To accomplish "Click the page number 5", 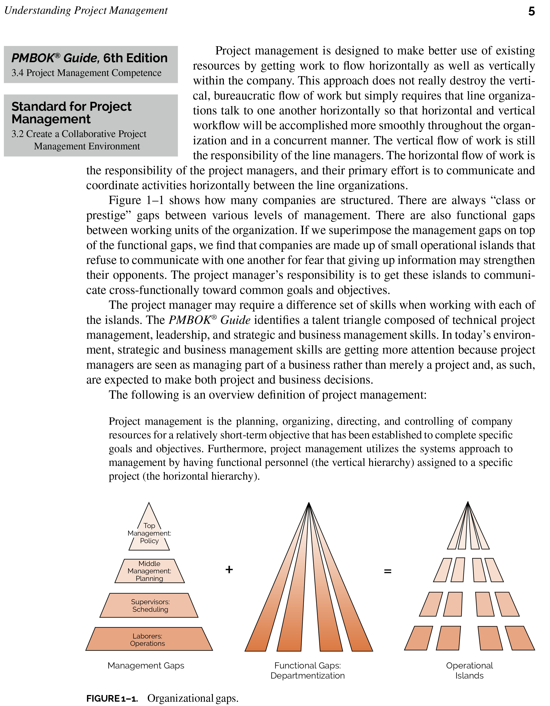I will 531,12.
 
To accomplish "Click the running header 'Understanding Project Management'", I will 86,11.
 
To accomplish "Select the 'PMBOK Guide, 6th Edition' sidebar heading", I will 89,58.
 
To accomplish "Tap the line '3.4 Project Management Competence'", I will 86,73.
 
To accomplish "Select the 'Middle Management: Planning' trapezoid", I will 149,571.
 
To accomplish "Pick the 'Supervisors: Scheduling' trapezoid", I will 150,605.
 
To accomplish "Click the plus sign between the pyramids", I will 229,570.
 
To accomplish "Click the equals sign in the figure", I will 387,571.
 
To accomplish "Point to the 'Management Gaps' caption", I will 146,666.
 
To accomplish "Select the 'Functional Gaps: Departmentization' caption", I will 308,671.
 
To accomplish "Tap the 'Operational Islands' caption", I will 469,671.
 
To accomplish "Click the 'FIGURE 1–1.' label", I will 112,698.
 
